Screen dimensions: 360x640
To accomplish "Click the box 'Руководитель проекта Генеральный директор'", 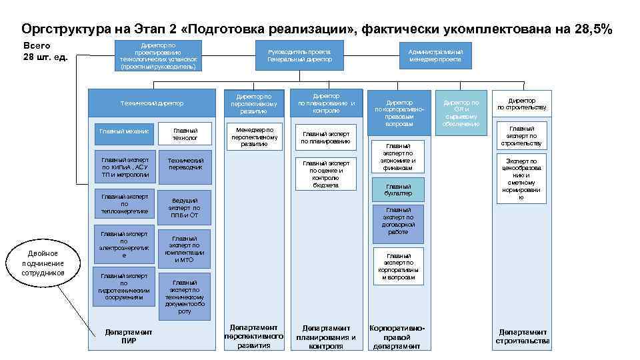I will click(299, 55).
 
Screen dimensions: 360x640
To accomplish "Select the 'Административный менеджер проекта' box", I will click(435, 55).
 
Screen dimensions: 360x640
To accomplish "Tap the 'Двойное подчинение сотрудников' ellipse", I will click(43, 263).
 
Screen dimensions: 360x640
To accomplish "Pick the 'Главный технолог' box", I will click(185, 134).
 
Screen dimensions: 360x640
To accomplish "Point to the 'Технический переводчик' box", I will click(185, 169).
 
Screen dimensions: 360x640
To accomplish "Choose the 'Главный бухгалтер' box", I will click(398, 190).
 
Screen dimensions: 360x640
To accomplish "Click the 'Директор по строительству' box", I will click(522, 104).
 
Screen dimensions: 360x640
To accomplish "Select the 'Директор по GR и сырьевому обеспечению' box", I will click(461, 113).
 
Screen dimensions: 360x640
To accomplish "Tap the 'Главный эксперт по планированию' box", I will click(325, 137).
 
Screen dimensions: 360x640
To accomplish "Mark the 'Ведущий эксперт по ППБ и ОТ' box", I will click(185, 207).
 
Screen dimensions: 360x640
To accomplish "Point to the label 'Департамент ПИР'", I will click(129, 336).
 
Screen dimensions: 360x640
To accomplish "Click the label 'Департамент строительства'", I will click(523, 336).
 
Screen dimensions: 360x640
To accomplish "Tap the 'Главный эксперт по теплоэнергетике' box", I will click(124, 204).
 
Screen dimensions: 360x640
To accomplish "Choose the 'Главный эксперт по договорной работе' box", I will click(398, 221).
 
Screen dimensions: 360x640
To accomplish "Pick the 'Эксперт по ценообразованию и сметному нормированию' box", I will click(522, 179).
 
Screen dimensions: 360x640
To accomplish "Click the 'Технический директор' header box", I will click(151, 103).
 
